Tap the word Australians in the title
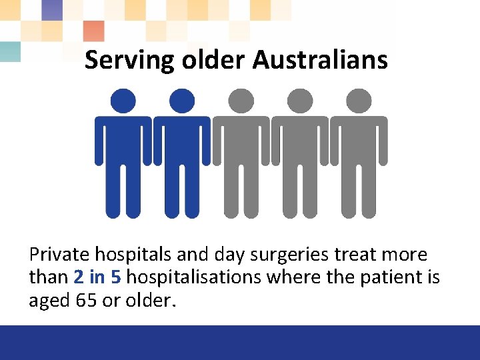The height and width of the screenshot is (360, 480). tap(320, 60)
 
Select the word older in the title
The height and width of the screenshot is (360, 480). tap(211, 60)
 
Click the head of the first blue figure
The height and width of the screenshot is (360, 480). tap(123, 101)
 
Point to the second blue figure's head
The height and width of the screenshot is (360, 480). tap(182, 101)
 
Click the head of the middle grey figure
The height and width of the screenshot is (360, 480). tap(241, 101)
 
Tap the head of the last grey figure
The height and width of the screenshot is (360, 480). tap(359, 101)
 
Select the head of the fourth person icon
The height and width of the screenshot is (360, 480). tap(300, 101)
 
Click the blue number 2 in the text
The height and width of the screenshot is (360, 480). tap(79, 277)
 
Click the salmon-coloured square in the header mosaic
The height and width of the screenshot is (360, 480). tap(94, 31)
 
